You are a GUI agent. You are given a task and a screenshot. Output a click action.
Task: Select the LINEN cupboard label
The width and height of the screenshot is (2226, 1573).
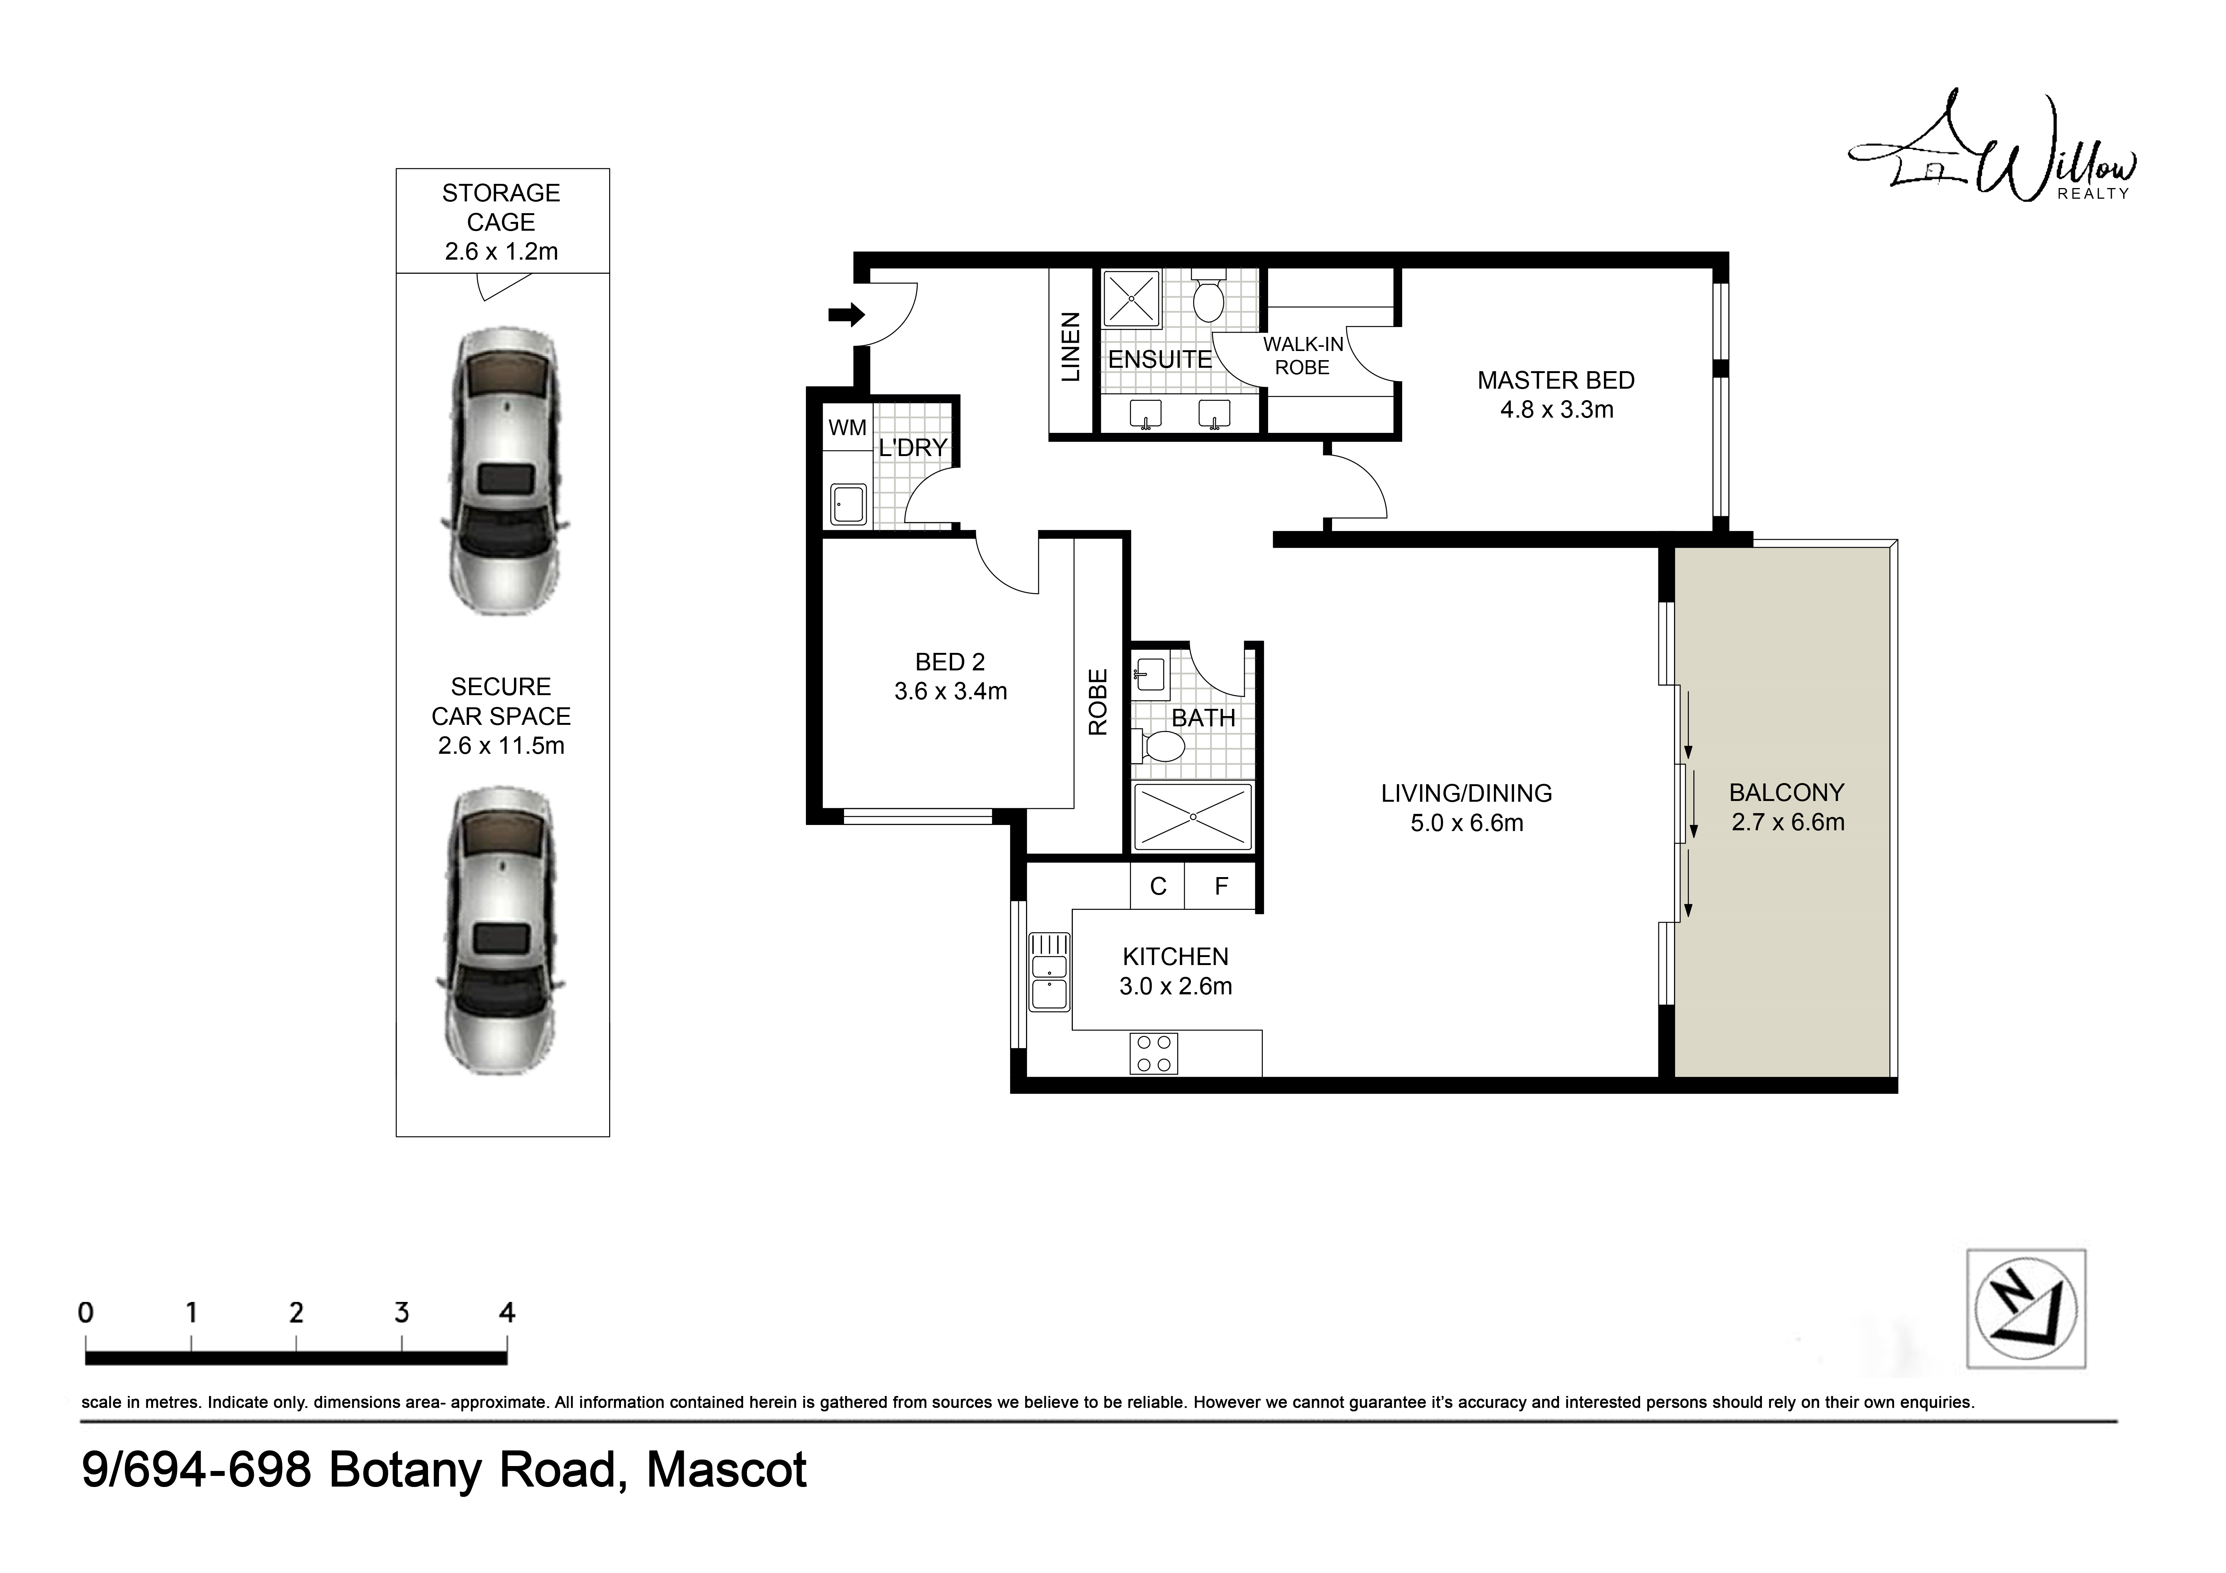1070,347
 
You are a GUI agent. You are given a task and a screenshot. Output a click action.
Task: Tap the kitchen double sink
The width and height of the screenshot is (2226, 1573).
1049,972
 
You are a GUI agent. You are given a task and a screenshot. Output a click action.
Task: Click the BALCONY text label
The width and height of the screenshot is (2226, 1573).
1787,793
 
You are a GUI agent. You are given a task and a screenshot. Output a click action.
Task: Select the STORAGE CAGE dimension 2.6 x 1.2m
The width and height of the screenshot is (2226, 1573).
501,252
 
